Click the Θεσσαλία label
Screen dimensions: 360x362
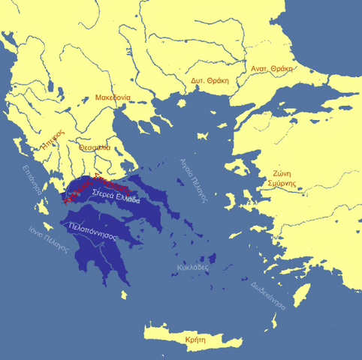tap(94, 148)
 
